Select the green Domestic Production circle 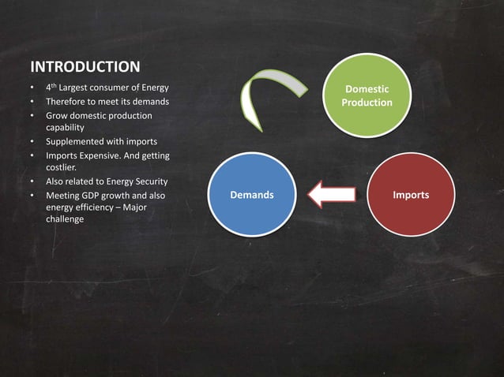pyautogui.click(x=367, y=95)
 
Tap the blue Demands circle pyautogui.click(x=252, y=195)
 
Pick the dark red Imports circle pyautogui.click(x=411, y=195)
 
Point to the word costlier pyautogui.click(x=62, y=168)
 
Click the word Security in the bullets pyautogui.click(x=146, y=182)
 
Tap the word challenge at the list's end pyautogui.click(x=66, y=219)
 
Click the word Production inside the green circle pyautogui.click(x=367, y=103)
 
